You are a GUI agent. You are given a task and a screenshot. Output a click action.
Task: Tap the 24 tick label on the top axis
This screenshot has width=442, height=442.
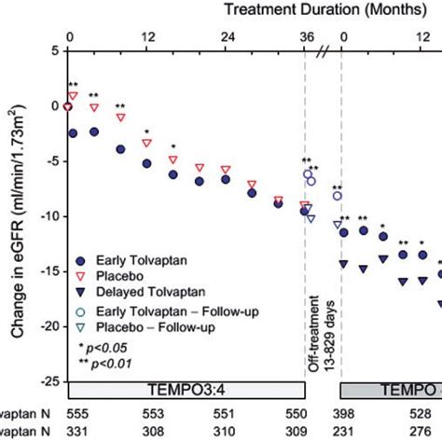pos(226,39)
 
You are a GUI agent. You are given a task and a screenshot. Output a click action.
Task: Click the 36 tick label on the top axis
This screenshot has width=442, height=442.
pos(305,39)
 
